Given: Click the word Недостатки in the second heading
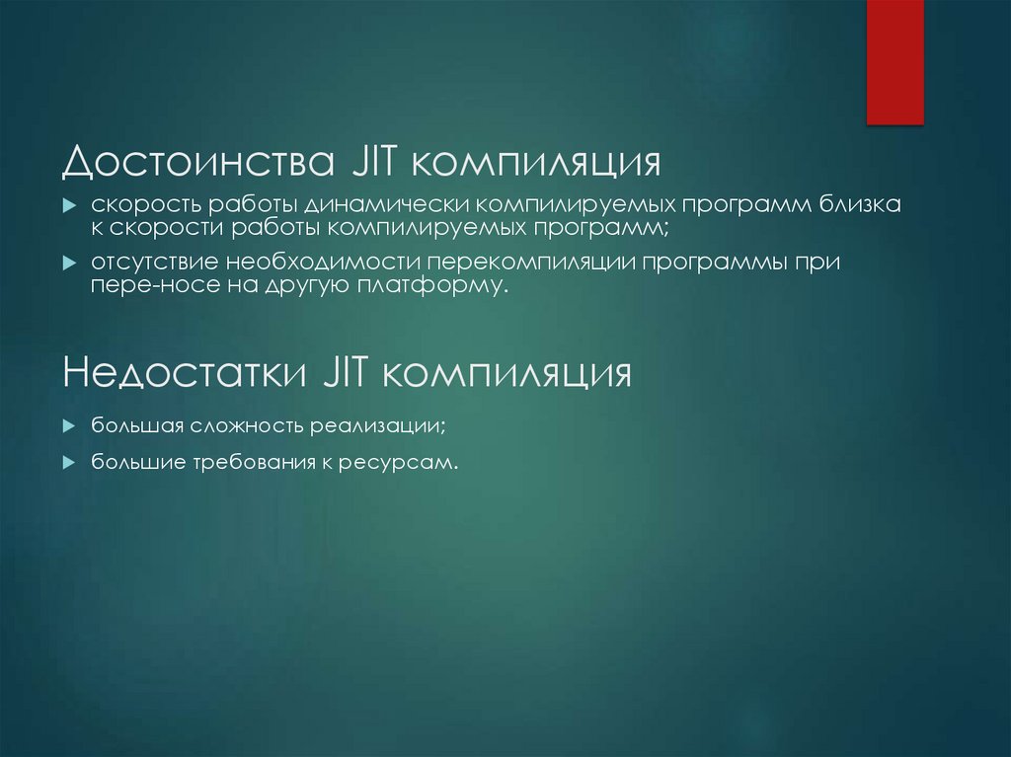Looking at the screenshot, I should (183, 374).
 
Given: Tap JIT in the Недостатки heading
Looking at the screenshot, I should (342, 374).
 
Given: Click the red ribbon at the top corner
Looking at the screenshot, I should (894, 61).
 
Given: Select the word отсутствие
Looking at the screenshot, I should (156, 265).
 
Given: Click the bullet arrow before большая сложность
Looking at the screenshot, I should (69, 425).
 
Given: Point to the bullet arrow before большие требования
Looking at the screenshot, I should (69, 462).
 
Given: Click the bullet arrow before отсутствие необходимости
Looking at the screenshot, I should (69, 265).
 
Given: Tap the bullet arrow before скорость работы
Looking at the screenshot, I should (69, 205).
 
